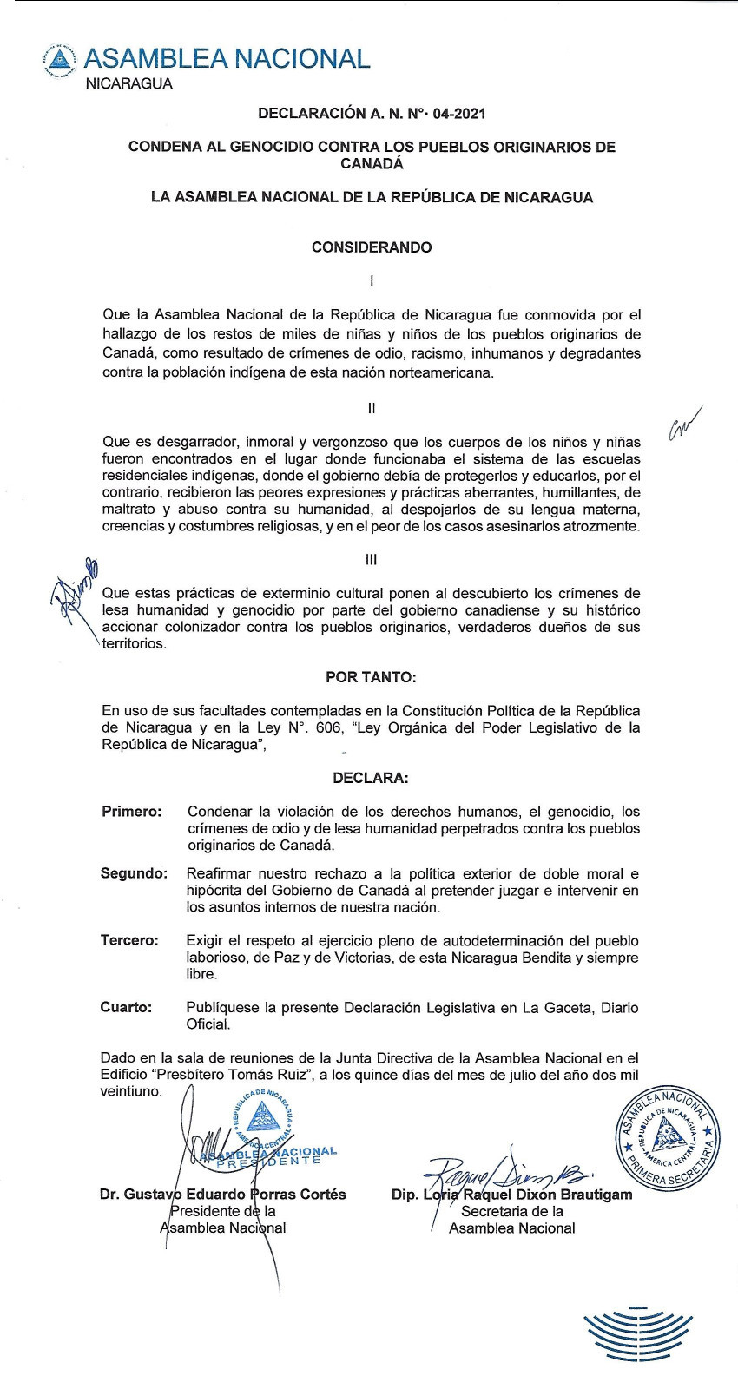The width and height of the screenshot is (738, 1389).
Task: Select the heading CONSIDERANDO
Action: (x=372, y=247)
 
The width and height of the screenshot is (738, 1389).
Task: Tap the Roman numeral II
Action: (x=372, y=407)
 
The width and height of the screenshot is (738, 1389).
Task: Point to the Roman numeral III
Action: (x=372, y=560)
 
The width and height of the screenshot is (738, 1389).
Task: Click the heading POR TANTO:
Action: (x=372, y=677)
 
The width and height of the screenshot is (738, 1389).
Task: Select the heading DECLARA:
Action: (x=372, y=778)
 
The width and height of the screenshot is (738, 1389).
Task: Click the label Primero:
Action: (x=131, y=812)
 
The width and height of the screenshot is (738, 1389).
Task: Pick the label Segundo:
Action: (x=134, y=873)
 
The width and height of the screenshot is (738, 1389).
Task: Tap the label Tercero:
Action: (x=129, y=940)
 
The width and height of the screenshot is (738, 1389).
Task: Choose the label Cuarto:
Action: (x=126, y=1007)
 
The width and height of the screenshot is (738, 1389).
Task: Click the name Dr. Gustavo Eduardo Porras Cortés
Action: (x=223, y=1195)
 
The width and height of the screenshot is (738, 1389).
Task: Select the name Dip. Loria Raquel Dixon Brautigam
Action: (x=512, y=1195)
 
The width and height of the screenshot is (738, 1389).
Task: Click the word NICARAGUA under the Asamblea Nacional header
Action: (x=128, y=84)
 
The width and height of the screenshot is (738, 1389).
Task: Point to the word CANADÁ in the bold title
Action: (x=372, y=163)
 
